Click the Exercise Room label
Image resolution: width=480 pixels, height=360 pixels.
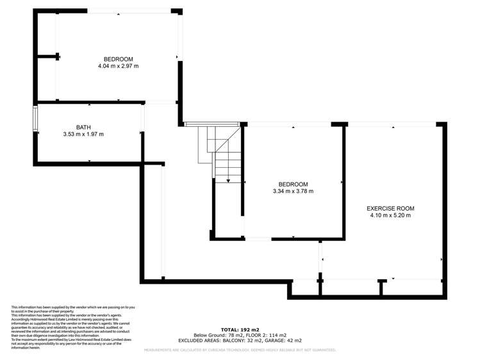390,208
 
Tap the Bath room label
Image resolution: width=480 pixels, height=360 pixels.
83,127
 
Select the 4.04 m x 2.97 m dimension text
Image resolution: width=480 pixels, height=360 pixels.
118,66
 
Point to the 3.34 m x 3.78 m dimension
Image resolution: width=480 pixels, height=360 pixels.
293,191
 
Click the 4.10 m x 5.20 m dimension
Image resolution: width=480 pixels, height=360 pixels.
390,216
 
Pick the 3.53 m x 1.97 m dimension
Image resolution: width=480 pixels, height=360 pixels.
83,135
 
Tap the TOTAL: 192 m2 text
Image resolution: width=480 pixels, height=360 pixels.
240,330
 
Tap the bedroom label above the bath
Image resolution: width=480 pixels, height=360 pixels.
118,59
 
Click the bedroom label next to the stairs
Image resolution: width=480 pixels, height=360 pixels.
293,184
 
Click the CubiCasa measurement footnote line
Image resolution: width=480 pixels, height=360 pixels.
240,350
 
